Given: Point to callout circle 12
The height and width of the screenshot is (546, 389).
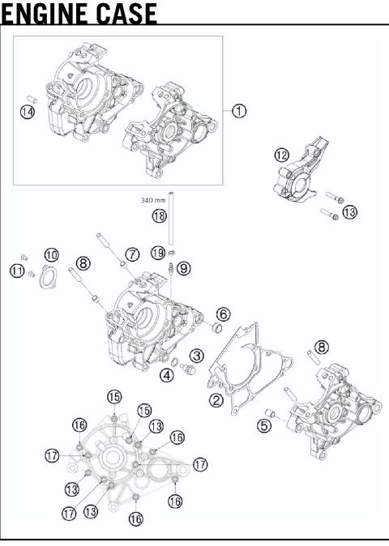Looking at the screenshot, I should click(x=281, y=155).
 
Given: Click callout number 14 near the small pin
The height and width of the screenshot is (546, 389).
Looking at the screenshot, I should click(x=28, y=113).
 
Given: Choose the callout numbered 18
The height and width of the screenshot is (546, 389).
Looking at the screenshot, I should click(x=159, y=215).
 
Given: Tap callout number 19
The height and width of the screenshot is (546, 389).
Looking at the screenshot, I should click(x=159, y=253).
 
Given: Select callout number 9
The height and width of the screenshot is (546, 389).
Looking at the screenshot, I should click(x=184, y=268).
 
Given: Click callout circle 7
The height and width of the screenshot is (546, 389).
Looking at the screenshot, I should click(x=132, y=254).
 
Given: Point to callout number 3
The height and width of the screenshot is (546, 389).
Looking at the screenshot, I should click(x=196, y=355).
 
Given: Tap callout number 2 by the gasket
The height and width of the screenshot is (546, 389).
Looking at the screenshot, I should click(x=216, y=399).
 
